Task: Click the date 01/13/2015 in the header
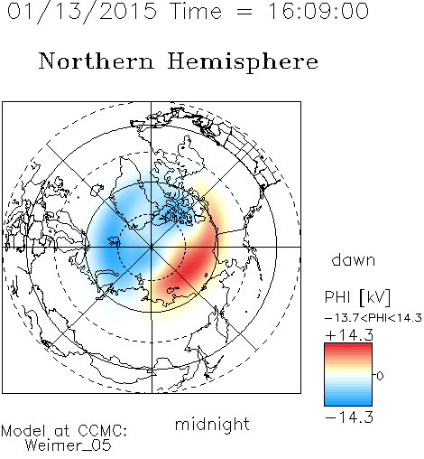81,12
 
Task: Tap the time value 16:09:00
318,11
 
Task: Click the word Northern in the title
97,61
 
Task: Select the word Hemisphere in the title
243,62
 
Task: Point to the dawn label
354,260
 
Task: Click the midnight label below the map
212,424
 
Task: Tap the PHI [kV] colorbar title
357,297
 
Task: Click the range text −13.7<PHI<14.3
373,318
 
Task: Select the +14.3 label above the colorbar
349,335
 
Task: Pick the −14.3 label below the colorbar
349,417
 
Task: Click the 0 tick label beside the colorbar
380,376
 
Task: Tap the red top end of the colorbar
348,345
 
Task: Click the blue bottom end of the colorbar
348,403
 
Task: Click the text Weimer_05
69,445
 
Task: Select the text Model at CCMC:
64,431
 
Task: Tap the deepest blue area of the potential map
111,241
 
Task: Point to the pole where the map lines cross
152,247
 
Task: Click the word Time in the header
196,11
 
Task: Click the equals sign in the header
244,12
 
